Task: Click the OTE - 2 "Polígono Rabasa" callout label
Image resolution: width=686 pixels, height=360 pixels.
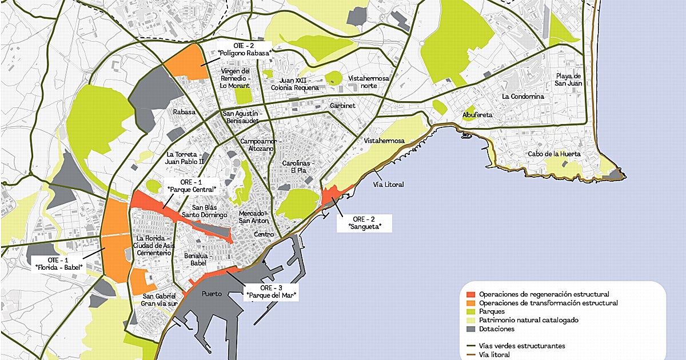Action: tap(245, 49)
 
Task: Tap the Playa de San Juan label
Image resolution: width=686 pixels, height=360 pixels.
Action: tap(568, 79)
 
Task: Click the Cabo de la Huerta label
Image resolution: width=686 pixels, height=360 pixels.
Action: tap(554, 154)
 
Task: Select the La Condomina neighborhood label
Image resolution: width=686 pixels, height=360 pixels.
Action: tap(523, 97)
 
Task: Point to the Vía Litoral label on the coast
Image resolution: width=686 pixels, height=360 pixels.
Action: tap(388, 185)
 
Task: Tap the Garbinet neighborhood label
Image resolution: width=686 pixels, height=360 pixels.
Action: tap(343, 106)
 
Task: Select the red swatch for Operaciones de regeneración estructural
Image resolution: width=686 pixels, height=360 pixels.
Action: tap(470, 294)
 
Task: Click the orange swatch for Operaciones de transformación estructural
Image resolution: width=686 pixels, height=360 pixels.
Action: tap(470, 303)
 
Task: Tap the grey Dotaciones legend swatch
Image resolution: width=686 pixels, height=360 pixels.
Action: tap(470, 329)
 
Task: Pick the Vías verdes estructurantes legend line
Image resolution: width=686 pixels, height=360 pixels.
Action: tap(470, 346)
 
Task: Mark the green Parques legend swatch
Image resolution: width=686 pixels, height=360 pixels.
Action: tap(470, 311)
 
